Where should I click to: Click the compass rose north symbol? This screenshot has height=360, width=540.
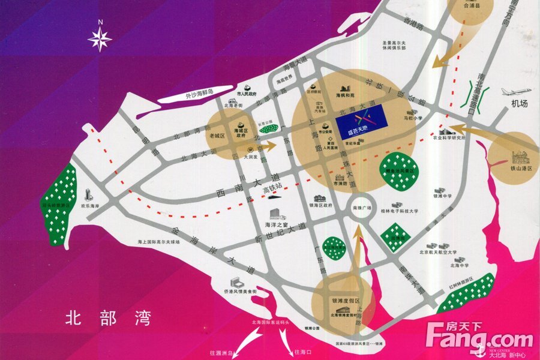100,38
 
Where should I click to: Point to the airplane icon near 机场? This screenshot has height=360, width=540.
518,92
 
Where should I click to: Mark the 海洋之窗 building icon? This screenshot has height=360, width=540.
276,214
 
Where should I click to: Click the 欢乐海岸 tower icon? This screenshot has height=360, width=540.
89,194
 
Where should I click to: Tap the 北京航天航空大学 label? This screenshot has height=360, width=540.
437,253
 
